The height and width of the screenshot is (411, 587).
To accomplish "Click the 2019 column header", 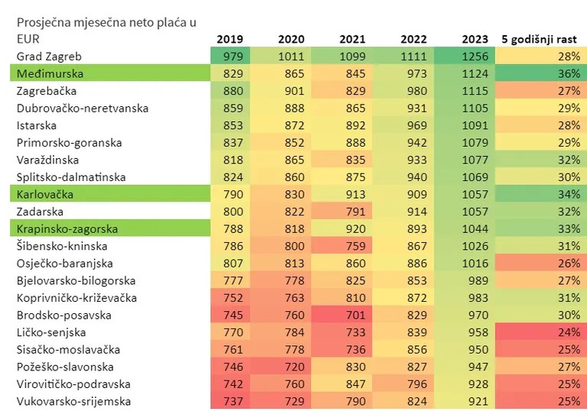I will tap(229, 39).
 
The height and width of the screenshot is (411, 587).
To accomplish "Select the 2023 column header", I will tap(475, 39).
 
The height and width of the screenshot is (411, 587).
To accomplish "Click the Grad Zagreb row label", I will tap(49, 57).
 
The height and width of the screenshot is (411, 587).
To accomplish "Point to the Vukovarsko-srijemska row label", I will tap(74, 401).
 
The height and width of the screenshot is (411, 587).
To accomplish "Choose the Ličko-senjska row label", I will tap(51, 332).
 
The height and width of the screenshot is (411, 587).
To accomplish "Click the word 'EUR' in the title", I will tap(28, 38).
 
